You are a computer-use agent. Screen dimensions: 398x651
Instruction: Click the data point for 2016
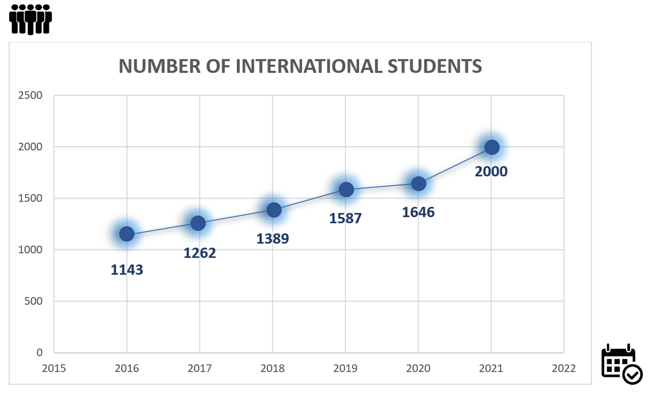pyautogui.click(x=127, y=234)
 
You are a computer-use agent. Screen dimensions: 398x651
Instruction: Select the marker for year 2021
pyautogui.click(x=491, y=148)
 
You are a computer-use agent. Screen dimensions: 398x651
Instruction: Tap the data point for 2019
pyautogui.click(x=346, y=189)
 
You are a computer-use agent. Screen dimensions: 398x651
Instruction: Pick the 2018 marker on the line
pyautogui.click(x=274, y=210)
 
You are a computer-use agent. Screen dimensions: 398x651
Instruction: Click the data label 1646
pyautogui.click(x=418, y=212)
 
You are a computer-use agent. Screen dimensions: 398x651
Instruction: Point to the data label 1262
pyautogui.click(x=200, y=252)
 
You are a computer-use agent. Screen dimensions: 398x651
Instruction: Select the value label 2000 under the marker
pyautogui.click(x=491, y=172)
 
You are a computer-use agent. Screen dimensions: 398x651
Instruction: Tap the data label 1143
pyautogui.click(x=127, y=270)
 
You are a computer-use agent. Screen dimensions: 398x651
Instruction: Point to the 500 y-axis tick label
pyautogui.click(x=34, y=301)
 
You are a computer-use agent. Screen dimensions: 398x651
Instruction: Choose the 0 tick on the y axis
pyautogui.click(x=39, y=352)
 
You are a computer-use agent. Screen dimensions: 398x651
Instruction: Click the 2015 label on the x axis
pyautogui.click(x=54, y=368)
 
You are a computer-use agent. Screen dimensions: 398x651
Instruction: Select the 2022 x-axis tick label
pyautogui.click(x=564, y=368)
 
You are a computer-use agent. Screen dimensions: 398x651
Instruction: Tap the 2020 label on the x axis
pyautogui.click(x=418, y=368)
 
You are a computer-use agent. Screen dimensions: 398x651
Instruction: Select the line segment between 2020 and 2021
pyautogui.click(x=455, y=166)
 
